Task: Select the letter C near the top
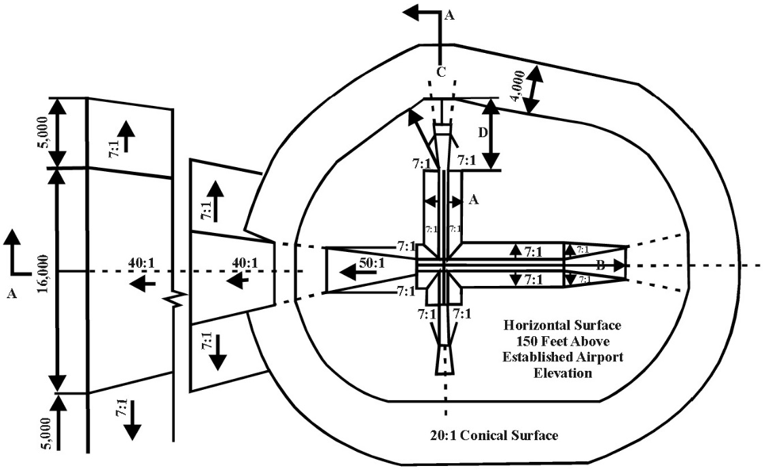click(x=440, y=73)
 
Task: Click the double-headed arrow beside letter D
click(x=493, y=134)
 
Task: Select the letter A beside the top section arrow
click(x=448, y=18)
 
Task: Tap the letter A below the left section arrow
click(x=10, y=293)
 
